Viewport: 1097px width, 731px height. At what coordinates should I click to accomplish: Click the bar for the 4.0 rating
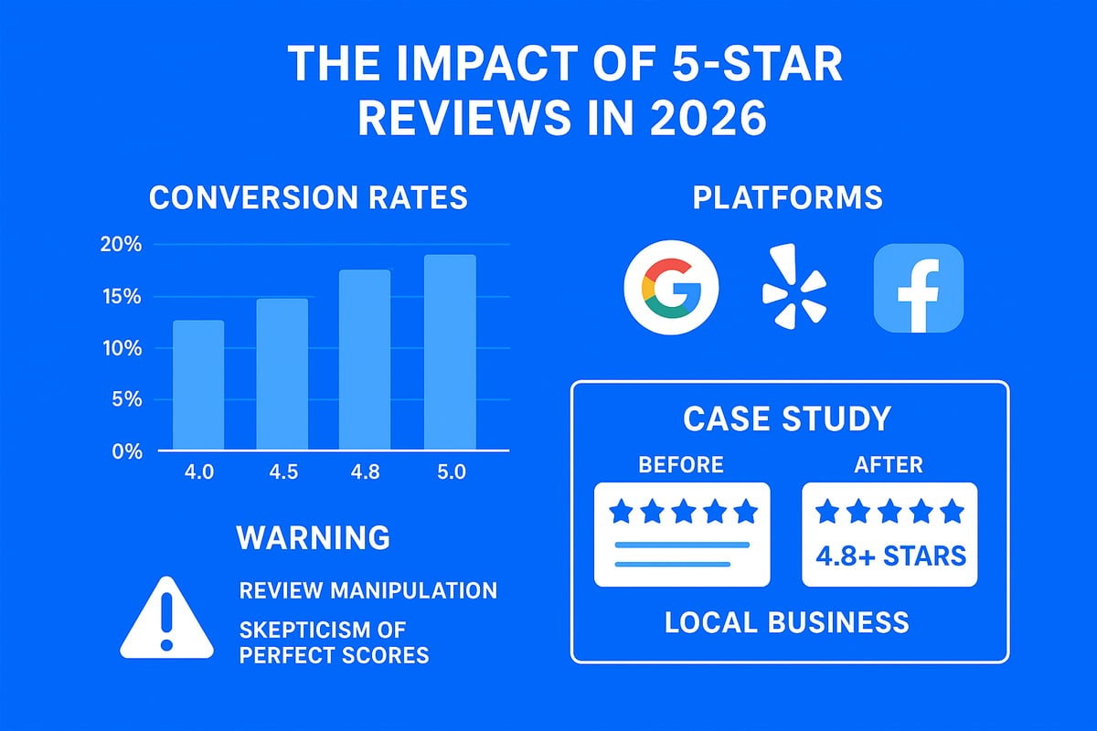pyautogui.click(x=197, y=385)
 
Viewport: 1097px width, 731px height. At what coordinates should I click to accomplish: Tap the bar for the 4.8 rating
pyautogui.click(x=365, y=360)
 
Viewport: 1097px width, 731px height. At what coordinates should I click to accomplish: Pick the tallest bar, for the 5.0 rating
pyautogui.click(x=450, y=353)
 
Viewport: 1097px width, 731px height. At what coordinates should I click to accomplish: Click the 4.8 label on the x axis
pyautogui.click(x=366, y=473)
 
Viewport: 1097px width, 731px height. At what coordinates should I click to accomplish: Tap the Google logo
pyautogui.click(x=671, y=288)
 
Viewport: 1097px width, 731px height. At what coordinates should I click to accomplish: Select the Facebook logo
pyautogui.click(x=918, y=288)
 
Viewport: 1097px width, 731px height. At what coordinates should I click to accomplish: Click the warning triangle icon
pyautogui.click(x=165, y=619)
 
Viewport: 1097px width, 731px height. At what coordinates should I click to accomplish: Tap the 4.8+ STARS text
pyautogui.click(x=889, y=555)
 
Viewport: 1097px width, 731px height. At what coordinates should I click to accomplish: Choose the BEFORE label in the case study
pyautogui.click(x=681, y=465)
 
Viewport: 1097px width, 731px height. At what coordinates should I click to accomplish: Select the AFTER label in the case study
pyautogui.click(x=889, y=465)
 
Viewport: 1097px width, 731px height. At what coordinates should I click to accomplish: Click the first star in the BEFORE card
pyautogui.click(x=622, y=511)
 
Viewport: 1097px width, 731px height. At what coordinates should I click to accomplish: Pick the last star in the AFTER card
pyautogui.click(x=951, y=511)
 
